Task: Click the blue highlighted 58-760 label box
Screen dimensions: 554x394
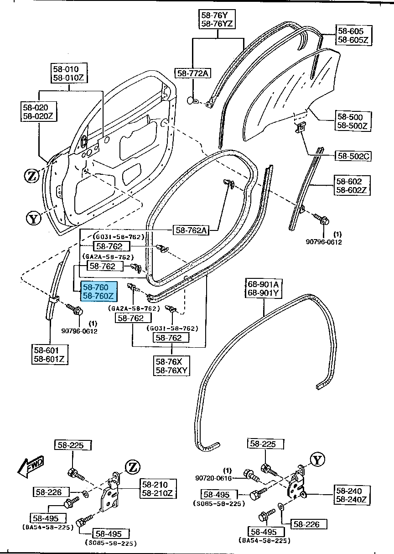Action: [x=99, y=292]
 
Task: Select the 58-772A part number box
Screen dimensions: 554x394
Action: [x=193, y=73]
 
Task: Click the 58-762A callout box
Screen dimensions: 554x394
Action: [x=190, y=230]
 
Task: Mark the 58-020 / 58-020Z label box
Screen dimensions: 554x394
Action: [x=38, y=112]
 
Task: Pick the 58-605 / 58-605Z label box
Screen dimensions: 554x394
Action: [x=354, y=35]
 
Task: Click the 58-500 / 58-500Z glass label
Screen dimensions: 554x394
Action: [x=353, y=121]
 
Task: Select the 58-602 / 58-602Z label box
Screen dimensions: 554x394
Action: [x=353, y=185]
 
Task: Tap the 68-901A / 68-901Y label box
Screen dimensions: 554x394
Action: [x=263, y=288]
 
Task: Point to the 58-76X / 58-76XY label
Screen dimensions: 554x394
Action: [x=171, y=366]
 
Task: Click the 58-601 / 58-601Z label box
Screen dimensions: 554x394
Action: [x=50, y=355]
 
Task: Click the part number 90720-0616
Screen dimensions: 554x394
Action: [x=214, y=478]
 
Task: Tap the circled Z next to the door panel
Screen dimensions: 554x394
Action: [x=31, y=175]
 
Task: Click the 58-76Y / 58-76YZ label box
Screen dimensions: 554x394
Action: [x=218, y=19]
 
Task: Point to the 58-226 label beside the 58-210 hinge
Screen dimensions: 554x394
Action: [x=51, y=492]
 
